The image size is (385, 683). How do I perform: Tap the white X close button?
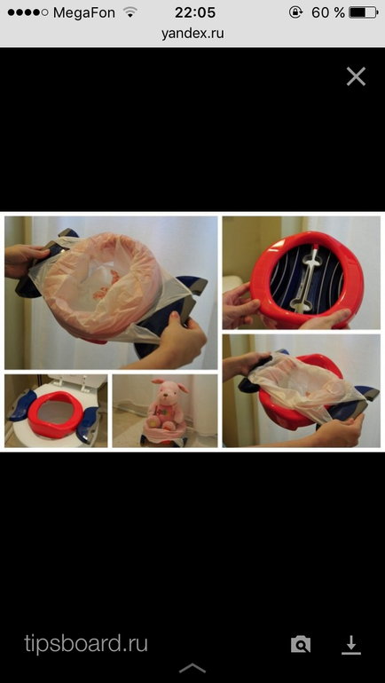pos(356,76)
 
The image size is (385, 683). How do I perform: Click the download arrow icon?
pos(351,645)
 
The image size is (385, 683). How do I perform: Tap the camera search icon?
pos(301,644)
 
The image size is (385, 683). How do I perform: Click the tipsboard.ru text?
pos(86,643)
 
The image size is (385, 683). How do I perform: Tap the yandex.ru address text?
pos(192,33)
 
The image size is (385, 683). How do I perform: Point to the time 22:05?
pos(195,12)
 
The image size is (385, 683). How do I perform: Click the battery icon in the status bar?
pos(363,12)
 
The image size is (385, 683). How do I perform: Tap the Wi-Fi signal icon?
pos(130,12)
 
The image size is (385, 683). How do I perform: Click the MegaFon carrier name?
pos(84,13)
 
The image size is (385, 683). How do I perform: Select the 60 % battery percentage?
pos(328,12)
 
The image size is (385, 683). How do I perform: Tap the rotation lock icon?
pos(295,12)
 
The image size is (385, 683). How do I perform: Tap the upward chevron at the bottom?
pos(192,668)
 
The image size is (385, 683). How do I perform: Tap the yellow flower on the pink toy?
pos(153,421)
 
